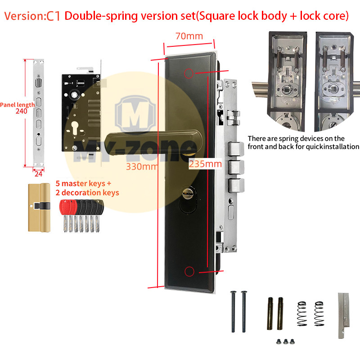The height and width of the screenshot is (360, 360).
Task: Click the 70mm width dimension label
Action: click(189, 36)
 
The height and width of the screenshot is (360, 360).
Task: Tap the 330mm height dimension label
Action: click(142, 166)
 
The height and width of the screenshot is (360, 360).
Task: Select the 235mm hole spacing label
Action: click(205, 164)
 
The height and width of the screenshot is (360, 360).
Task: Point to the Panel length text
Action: click(17, 105)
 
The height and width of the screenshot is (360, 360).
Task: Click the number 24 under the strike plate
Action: click(38, 174)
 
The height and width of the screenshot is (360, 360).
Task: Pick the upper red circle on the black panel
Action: click(189, 73)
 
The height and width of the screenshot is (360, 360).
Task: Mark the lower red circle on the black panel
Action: click(189, 271)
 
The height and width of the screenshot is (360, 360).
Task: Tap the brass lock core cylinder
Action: click(39, 207)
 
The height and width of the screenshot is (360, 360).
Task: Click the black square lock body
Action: click(81, 112)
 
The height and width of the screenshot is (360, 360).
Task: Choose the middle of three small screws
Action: click(286, 342)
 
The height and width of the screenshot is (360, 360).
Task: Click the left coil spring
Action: click(301, 314)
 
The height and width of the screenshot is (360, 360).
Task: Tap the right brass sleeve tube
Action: click(280, 313)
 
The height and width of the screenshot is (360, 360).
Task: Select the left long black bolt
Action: click(233, 311)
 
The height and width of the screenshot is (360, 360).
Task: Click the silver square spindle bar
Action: click(344, 315)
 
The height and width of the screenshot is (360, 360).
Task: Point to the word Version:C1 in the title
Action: click(32, 16)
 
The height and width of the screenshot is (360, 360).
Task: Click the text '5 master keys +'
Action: click(83, 184)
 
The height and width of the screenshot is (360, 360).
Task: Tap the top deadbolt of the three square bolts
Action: click(236, 149)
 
